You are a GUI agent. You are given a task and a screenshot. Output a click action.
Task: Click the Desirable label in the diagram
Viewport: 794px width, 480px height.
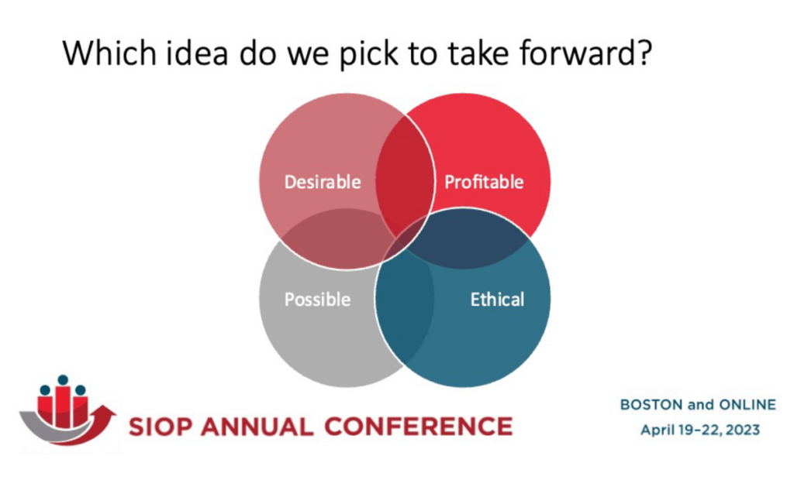coord(323,182)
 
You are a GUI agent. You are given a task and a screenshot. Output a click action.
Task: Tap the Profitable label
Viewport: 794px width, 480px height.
coord(484,182)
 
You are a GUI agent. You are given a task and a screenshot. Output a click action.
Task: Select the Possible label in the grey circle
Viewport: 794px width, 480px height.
coord(317,300)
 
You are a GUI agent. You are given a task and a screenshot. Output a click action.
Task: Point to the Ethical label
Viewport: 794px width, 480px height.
coord(497,300)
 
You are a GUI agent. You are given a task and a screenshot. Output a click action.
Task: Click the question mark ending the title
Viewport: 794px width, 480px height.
coord(644,53)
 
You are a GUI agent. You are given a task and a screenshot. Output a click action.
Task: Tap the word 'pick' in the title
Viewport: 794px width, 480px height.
coord(368,53)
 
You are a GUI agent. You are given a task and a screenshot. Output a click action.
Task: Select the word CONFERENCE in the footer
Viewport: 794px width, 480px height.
coord(418,427)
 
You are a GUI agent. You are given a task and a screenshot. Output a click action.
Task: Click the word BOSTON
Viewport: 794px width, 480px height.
coord(651,405)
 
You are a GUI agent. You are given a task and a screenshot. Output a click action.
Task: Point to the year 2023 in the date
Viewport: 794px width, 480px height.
coord(743,430)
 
